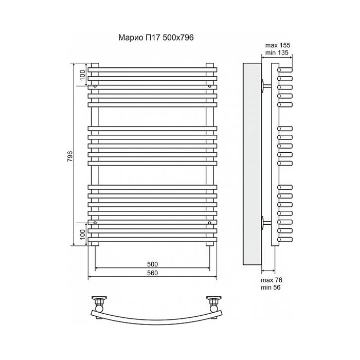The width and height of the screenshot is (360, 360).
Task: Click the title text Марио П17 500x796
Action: pyautogui.click(x=156, y=38)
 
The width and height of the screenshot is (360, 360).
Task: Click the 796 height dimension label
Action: pyautogui.click(x=70, y=156)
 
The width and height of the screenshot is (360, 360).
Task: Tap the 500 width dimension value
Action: pyautogui.click(x=152, y=264)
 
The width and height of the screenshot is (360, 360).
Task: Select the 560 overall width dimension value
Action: pyautogui.click(x=152, y=273)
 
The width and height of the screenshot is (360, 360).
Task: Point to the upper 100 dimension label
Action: pyautogui.click(x=83, y=75)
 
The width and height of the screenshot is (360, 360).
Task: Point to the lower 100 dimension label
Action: pyautogui.click(x=83, y=234)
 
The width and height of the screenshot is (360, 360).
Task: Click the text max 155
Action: pyautogui.click(x=278, y=45)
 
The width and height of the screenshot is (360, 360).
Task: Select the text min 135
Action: pyautogui.click(x=277, y=52)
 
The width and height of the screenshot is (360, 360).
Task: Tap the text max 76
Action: pyautogui.click(x=272, y=280)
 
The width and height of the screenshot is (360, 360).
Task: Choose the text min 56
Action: pyautogui.click(x=271, y=287)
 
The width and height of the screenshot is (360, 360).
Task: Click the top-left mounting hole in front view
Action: pyautogui.click(x=95, y=86)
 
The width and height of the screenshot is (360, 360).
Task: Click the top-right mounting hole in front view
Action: pyautogui.click(x=210, y=86)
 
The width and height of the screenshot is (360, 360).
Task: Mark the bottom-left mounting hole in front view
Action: pyautogui.click(x=95, y=223)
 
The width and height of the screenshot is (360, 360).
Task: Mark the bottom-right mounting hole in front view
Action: pyautogui.click(x=210, y=223)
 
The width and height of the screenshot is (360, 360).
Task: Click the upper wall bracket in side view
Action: pyautogui.click(x=266, y=86)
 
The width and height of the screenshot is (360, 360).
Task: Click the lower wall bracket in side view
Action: pyautogui.click(x=266, y=223)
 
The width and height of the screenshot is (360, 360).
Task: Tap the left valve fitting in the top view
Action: pyautogui.click(x=99, y=303)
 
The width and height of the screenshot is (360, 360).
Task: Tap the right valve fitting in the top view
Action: pyautogui.click(x=214, y=303)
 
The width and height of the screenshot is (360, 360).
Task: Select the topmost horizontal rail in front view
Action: pyautogui.click(x=152, y=69)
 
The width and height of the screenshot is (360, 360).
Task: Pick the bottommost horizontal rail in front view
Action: pyautogui.click(x=152, y=240)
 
